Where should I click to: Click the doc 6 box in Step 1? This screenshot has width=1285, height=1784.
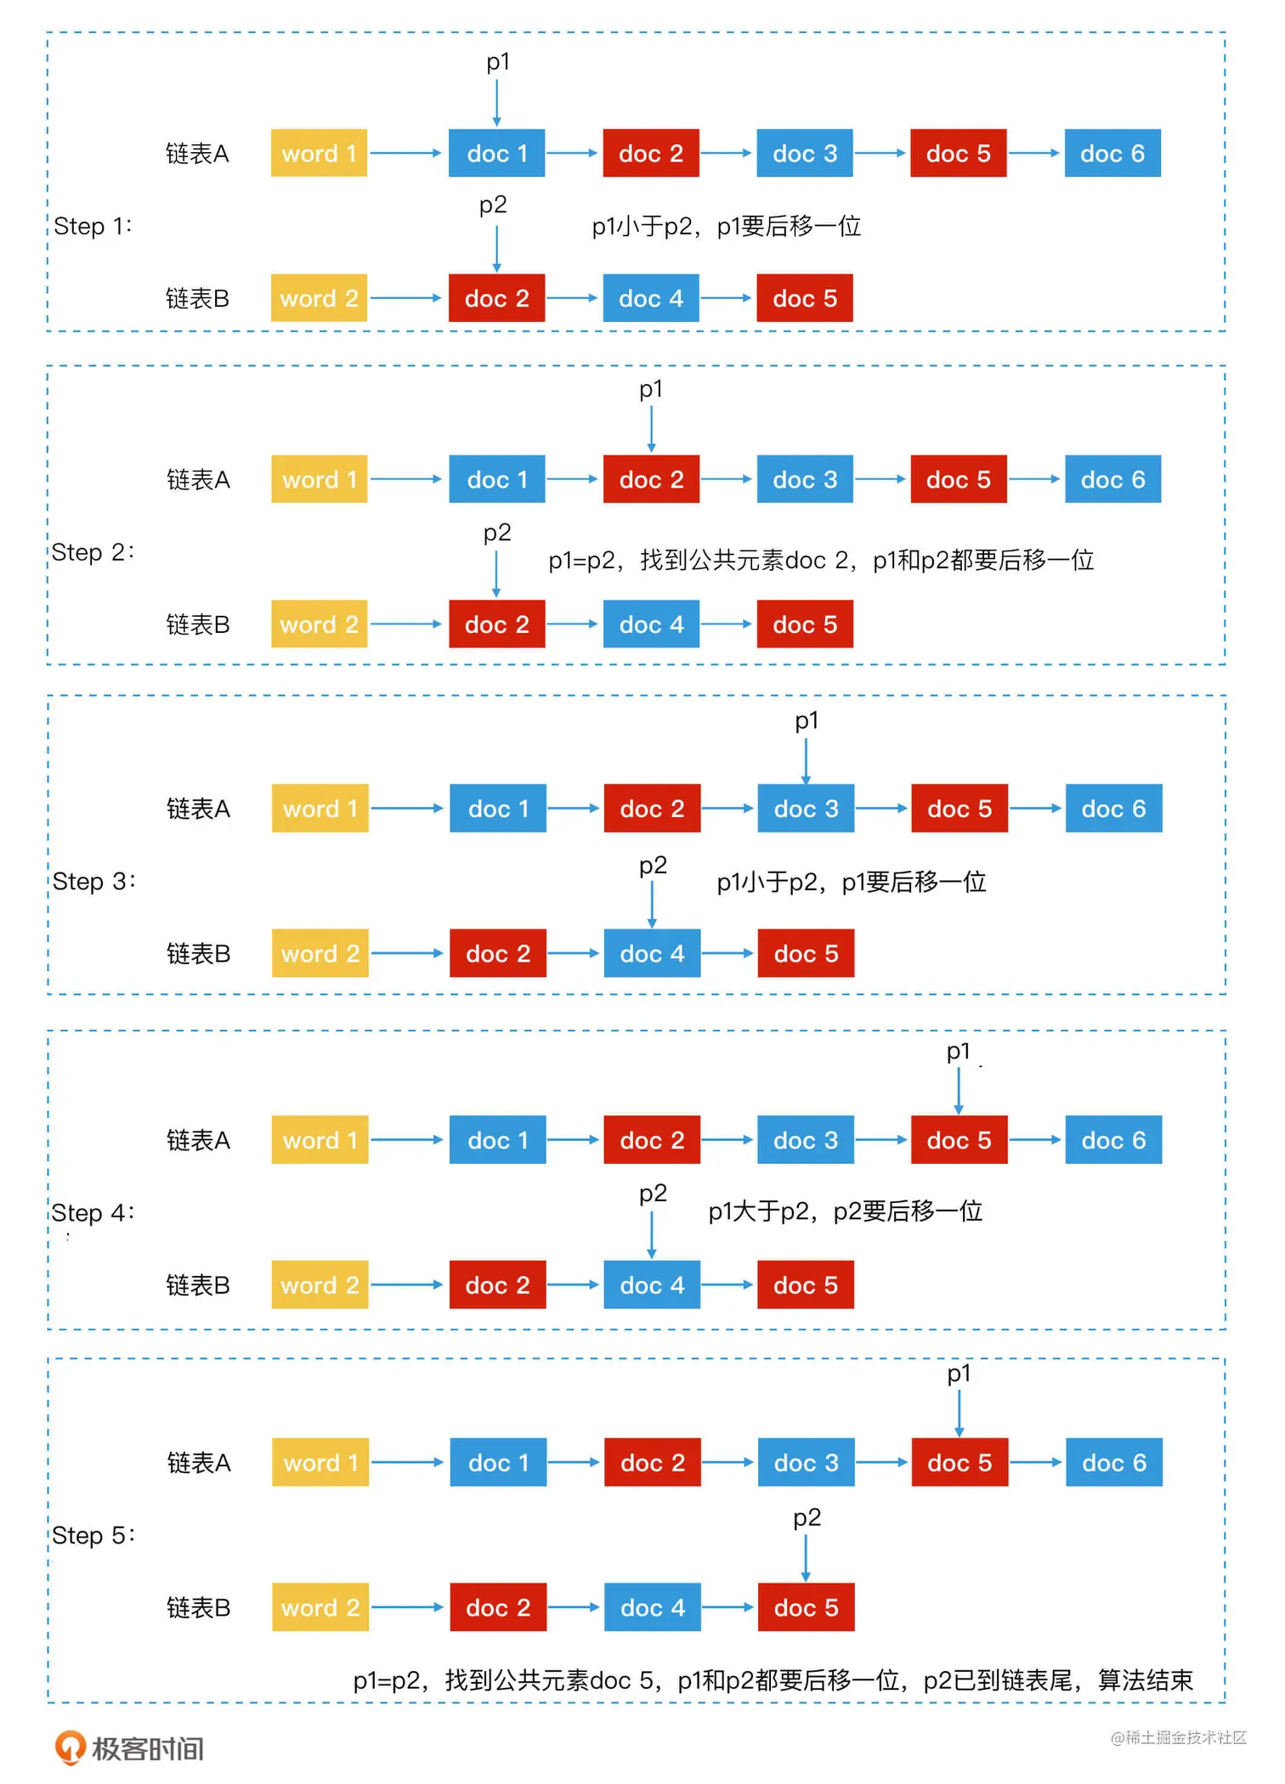pos(1112,153)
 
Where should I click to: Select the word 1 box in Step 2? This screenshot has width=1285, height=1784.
pos(319,479)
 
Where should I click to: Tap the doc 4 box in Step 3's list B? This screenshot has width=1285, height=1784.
pos(652,953)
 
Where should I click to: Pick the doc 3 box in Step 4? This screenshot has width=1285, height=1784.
pos(806,1139)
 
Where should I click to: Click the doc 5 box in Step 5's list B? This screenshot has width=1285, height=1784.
pos(806,1607)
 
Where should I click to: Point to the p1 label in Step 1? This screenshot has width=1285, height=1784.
pos(497,62)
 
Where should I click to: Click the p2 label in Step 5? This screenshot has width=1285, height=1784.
pos(807,1517)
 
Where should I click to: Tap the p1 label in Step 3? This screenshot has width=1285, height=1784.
pos(807,720)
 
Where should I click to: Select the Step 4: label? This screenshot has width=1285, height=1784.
pos(93,1212)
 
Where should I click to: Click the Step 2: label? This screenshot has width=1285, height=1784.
pos(93,552)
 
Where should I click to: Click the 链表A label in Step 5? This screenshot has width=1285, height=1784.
pos(199,1463)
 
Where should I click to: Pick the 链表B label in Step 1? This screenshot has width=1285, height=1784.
pos(197,298)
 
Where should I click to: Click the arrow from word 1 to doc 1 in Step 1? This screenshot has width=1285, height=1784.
pos(406,153)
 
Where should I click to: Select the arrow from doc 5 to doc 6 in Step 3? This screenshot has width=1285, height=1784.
pos(1036,808)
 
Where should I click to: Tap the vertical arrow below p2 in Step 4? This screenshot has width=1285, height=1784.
pos(652,1234)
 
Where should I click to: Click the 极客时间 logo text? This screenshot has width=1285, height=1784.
pos(147,1748)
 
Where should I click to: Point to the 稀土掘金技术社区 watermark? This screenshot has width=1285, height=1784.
pos(1178,1737)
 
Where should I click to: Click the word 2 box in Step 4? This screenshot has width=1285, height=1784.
pos(320,1284)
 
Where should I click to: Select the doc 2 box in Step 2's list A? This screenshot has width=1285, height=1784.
pos(652,479)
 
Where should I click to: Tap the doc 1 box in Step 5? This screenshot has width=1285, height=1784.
pos(498,1463)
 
